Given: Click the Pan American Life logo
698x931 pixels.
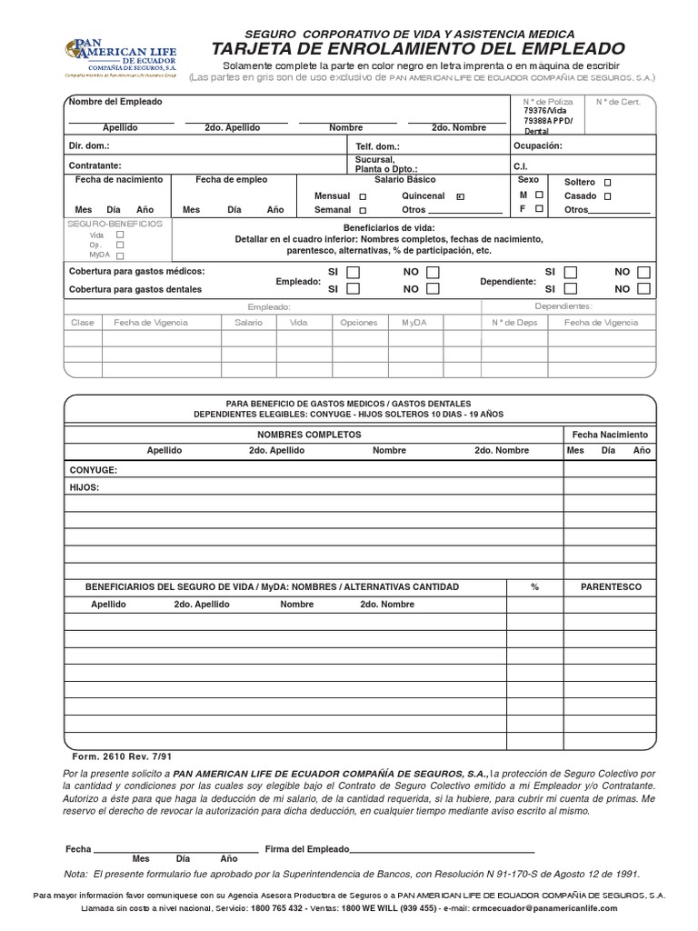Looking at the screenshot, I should tap(118, 58).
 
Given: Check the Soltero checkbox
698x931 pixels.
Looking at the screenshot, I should tap(608, 182).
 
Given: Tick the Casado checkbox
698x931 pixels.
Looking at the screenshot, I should tap(608, 195).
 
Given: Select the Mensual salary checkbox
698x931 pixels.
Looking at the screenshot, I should tap(363, 196).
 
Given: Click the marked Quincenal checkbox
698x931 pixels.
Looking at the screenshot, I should tap(461, 196).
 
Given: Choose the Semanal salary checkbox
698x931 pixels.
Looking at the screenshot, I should tap(363, 210).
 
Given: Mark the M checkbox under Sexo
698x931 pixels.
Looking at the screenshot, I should tap(539, 195).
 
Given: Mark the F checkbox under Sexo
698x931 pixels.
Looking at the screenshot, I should tap(539, 208).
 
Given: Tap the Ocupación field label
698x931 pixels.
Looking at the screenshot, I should tap(537, 145).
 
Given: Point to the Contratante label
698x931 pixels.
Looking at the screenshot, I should tap(95, 165).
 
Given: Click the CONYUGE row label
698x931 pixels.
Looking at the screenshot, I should tap(94, 470).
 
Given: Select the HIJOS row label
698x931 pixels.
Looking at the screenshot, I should tap(85, 487).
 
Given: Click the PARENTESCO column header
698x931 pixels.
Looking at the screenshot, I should tap(611, 587).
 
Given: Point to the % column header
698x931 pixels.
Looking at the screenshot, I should tap(535, 587).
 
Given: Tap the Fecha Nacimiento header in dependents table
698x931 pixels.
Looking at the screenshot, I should tap(609, 435).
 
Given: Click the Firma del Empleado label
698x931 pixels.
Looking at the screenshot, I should tap(306, 848).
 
